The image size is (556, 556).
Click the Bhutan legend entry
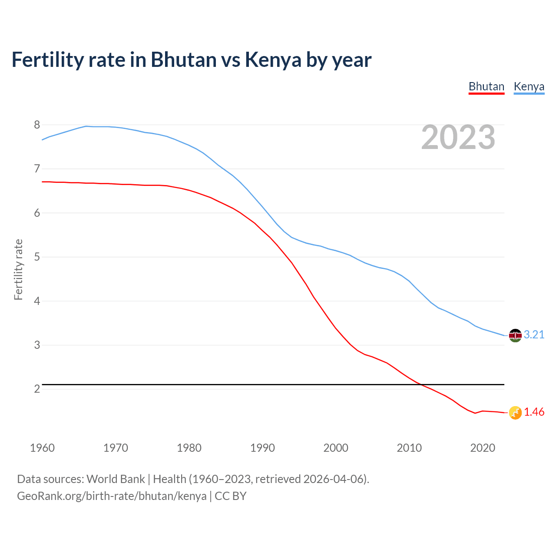[486, 86]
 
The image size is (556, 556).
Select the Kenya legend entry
[529, 86]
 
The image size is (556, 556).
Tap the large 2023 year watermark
[458, 137]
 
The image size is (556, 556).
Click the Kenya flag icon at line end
[515, 335]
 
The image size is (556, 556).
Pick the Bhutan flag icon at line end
[515, 413]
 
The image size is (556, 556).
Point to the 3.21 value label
[534, 334]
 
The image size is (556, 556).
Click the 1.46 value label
[534, 412]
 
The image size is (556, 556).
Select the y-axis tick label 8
[37, 125]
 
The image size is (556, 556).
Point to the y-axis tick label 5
[37, 257]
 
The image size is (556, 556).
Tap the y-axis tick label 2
[37, 389]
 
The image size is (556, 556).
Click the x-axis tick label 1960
[42, 448]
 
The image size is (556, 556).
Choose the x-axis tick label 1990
[262, 448]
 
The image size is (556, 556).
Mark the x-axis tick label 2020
[483, 448]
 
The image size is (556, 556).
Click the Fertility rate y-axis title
[18, 269]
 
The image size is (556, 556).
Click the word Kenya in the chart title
[273, 60]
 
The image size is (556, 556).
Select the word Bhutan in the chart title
[183, 60]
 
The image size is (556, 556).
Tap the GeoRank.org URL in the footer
[112, 496]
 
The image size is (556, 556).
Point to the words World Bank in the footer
[116, 479]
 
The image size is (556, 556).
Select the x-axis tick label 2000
[336, 448]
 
